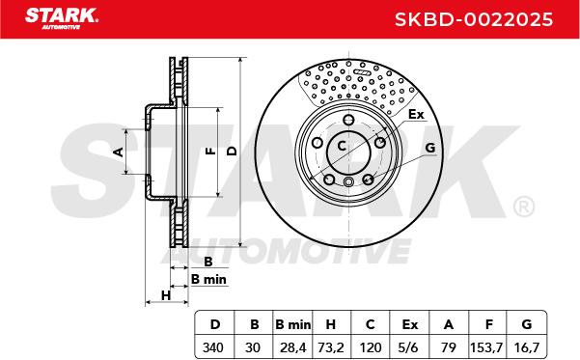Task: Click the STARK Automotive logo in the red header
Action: (x=62, y=18)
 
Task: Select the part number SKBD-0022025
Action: (x=474, y=19)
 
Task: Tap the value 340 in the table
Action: (x=213, y=347)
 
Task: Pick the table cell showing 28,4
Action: (x=292, y=347)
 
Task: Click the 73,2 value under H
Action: (x=331, y=347)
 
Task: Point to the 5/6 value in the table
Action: (x=409, y=347)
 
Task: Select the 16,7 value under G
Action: (x=527, y=347)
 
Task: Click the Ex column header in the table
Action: (x=410, y=324)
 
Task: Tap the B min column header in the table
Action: (x=293, y=324)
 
